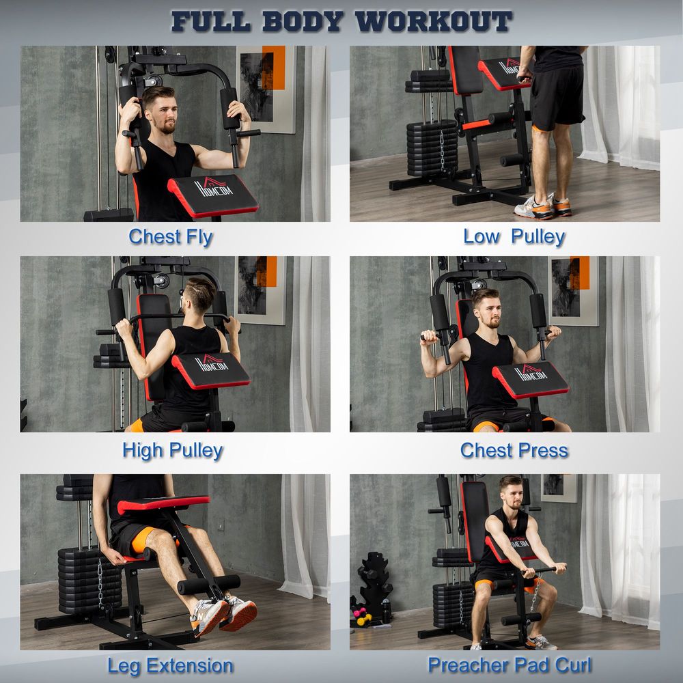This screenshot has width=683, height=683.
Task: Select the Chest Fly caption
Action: pos(171,237)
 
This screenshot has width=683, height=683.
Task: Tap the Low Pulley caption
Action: pos(514,237)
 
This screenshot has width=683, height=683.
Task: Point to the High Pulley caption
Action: pos(172,451)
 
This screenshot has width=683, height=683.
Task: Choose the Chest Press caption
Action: pos(514,451)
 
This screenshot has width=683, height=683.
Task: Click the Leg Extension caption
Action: pos(170,665)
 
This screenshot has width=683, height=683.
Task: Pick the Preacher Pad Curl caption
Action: pos(510,665)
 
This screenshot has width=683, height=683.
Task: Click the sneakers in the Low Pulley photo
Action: pos(543,206)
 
